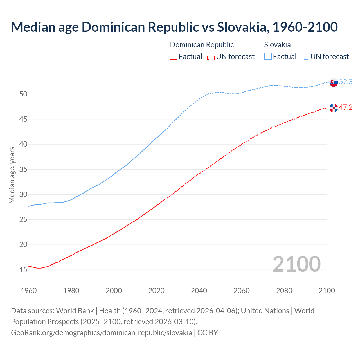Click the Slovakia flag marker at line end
coord(334,82)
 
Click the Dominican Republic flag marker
coord(334,108)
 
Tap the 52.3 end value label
coord(346,82)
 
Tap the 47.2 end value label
coord(346,107)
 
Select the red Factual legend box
coord(174,57)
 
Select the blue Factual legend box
coord(268,57)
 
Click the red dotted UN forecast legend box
coord(211,57)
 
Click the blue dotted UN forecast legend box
coord(305,57)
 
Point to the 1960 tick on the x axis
coord(29,291)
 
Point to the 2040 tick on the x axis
coord(199,291)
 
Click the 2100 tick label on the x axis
coord(327,291)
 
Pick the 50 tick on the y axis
coord(23,94)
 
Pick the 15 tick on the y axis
coord(23,270)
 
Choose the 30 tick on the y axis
coord(23,194)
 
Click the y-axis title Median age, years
coord(12,175)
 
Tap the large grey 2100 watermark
coord(297,264)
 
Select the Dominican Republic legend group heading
coord(202,45)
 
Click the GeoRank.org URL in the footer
coord(102,332)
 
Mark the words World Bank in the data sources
coord(75,311)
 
